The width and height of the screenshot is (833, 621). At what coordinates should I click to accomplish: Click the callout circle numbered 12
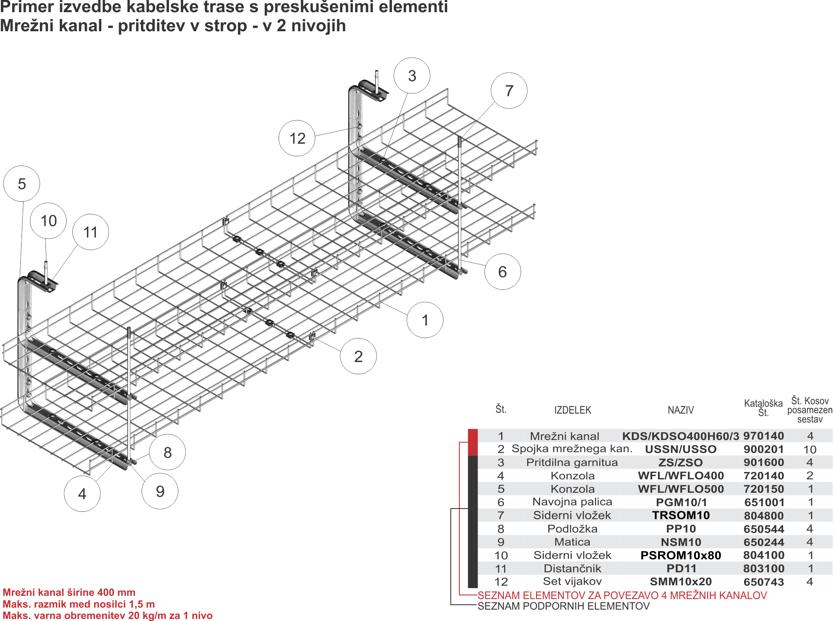tap(297, 138)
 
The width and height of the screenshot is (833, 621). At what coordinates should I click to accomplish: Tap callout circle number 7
tap(509, 91)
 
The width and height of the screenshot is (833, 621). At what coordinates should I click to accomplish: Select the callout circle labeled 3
tap(412, 75)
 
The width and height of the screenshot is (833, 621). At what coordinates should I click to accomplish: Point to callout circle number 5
tap(22, 183)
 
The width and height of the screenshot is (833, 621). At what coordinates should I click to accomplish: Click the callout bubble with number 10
tap(48, 221)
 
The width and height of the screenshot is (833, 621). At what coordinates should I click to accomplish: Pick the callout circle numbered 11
tap(91, 232)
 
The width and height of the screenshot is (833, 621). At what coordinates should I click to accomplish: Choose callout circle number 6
tap(502, 272)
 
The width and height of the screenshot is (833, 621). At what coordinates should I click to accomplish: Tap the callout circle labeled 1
tap(425, 320)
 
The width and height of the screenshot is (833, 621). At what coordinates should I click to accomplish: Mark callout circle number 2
tap(358, 356)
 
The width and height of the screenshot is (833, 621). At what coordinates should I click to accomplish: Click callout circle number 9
tap(160, 491)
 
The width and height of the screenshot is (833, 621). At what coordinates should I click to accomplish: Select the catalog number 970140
tap(764, 436)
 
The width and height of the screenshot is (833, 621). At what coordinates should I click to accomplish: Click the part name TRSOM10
tap(681, 515)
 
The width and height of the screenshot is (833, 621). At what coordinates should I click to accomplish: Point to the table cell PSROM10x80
tap(681, 555)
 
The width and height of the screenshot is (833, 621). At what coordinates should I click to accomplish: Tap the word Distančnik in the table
tap(572, 568)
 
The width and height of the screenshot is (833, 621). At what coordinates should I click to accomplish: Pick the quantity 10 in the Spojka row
tap(809, 449)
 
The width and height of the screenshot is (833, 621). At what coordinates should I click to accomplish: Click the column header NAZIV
tap(681, 410)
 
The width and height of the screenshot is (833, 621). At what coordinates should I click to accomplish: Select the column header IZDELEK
tap(573, 410)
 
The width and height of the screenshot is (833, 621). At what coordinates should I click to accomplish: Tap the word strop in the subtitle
tap(226, 26)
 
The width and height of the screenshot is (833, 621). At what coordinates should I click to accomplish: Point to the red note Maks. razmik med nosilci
tap(79, 604)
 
